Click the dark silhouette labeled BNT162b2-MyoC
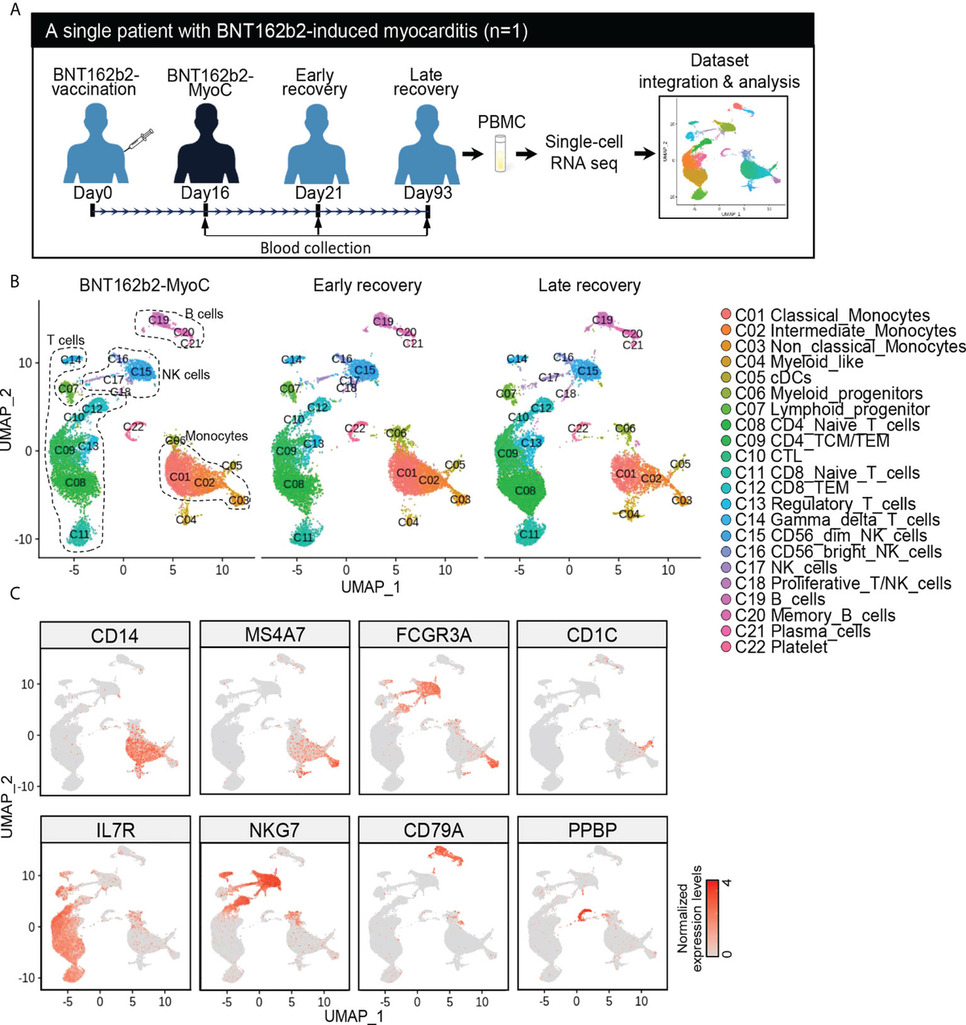pos(204,145)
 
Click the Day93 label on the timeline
pos(427,193)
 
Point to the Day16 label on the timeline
pos(204,193)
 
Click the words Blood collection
pos(316,248)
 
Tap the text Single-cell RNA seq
pos(584,152)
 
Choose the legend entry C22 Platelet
pos(780,647)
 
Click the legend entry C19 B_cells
pos(778,599)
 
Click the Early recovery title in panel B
pos(367,286)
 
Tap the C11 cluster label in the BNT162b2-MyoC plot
pos(79,533)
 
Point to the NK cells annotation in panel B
pos(186,374)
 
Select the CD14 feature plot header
pos(115,635)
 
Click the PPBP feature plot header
pos(592,830)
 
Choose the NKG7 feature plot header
pos(275,830)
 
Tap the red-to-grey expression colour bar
pos(714,918)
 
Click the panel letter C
pos(14,593)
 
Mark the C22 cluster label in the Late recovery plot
pos(578,428)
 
